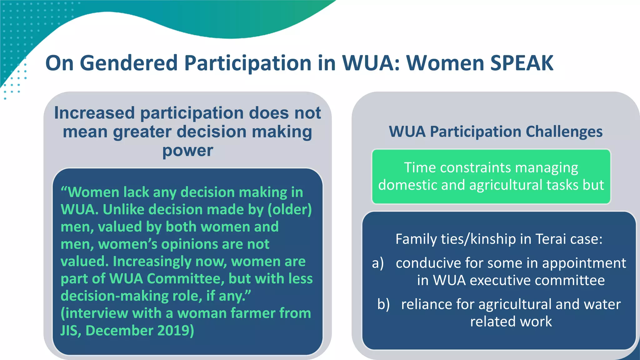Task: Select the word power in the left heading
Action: [x=187, y=151]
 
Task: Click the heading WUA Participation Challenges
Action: [x=496, y=132]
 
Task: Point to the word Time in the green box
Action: [x=420, y=167]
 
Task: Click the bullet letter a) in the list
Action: [x=378, y=263]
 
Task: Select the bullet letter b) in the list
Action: [x=383, y=304]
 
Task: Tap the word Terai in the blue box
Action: [x=551, y=239]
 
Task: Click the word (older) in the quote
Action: [x=289, y=209]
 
